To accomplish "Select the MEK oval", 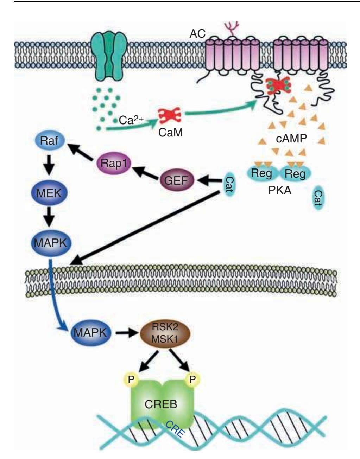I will (49, 193).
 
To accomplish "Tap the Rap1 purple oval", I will (113, 163).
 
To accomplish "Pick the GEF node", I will (176, 181).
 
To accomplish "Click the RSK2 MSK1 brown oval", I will (165, 332).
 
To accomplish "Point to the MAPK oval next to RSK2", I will (90, 332).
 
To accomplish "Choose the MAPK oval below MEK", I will (51, 243).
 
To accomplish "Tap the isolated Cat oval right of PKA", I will (318, 198).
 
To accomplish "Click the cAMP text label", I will (291, 138).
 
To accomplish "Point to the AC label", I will (197, 34).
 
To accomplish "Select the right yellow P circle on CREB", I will (192, 379).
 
